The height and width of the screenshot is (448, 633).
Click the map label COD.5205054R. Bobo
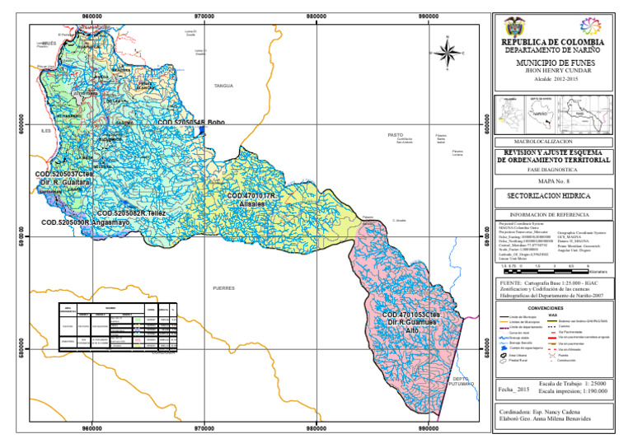[x=190, y=121]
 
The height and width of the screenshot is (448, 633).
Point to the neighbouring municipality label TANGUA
[x=223, y=86]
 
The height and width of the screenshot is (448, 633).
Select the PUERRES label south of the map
[x=224, y=288]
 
